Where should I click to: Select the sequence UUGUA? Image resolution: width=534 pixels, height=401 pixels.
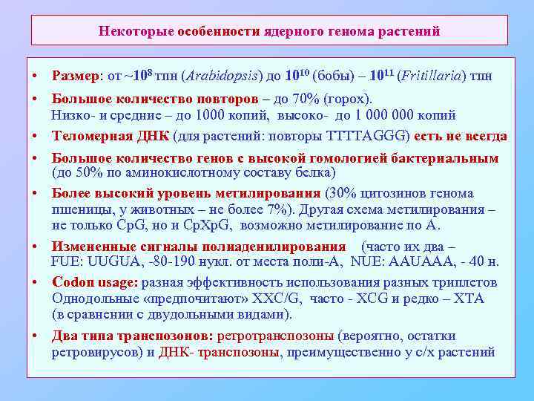coord(107,261)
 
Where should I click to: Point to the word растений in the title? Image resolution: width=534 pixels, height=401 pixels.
coord(409,31)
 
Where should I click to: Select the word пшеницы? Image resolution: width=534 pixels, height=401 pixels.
coord(77,210)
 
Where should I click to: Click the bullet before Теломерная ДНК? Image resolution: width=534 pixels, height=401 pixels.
coord(36,137)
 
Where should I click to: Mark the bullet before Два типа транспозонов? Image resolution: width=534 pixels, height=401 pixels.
coord(36,336)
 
